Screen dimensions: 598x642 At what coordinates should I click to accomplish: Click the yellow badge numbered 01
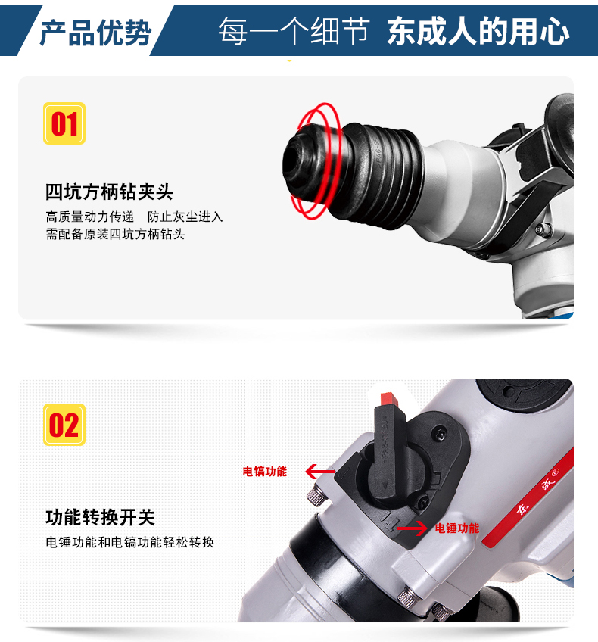(64, 123)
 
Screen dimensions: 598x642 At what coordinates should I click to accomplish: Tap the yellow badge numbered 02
(64, 425)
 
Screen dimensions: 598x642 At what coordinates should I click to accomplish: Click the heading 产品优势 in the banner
(96, 32)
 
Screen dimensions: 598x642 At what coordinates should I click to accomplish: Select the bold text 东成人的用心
(478, 31)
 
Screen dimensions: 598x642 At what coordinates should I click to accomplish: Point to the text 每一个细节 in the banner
(294, 31)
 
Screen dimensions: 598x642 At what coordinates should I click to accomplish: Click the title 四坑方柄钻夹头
(109, 192)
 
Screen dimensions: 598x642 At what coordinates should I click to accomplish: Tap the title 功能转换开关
(100, 518)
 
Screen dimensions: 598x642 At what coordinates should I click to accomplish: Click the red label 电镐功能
(265, 471)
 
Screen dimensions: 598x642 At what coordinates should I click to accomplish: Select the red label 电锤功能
(456, 528)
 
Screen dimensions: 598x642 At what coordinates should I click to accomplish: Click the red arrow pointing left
(320, 472)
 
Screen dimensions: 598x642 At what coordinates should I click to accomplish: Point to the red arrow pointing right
(413, 528)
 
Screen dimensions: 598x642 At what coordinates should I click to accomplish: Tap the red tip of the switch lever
(388, 399)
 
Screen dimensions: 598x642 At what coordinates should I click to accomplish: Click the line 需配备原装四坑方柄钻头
(115, 234)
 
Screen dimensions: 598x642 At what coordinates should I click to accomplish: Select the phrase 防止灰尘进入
(185, 217)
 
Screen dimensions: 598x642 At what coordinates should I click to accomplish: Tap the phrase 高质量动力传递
(89, 217)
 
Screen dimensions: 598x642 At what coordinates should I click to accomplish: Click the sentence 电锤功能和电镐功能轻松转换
(129, 542)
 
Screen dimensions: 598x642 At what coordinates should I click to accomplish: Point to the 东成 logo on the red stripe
(537, 496)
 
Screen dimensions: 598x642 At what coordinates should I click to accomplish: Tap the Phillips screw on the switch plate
(440, 433)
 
